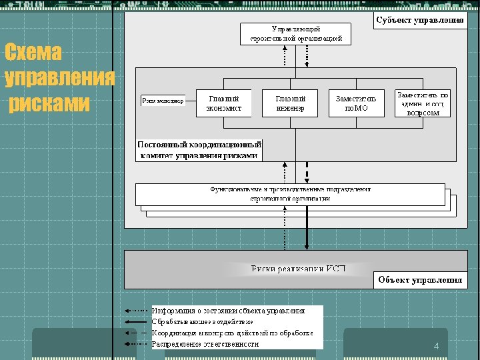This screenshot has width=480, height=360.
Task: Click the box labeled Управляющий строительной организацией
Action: coord(295,34)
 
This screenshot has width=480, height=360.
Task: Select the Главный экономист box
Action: coord(224,103)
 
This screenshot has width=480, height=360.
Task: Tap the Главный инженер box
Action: coord(290,103)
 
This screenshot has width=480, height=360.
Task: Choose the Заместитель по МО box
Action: coord(356,103)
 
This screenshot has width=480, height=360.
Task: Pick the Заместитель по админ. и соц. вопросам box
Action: coord(423,104)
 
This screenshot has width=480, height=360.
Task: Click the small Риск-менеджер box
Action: coord(163,101)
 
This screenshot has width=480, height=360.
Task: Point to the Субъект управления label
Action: coord(419,20)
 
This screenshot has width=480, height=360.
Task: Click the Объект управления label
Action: coord(420,280)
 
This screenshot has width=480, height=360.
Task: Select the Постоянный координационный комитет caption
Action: coord(199,150)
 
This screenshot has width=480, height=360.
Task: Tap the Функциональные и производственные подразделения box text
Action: coord(290,194)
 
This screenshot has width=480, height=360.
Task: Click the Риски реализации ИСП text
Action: coord(298,269)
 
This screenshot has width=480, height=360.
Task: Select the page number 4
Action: coord(436,347)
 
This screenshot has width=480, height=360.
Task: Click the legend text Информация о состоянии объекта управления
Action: coord(229,311)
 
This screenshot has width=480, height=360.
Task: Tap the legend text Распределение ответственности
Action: coord(205,344)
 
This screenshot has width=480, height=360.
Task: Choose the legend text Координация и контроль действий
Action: coord(233,333)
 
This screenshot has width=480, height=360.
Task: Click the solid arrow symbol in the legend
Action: coord(136,321)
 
